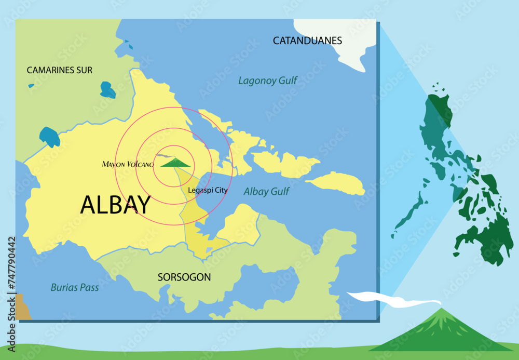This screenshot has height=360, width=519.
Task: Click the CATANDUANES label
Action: [x=307, y=40]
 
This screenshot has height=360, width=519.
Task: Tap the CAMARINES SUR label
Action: [x=60, y=70]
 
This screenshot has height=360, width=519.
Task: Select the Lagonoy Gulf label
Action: [x=268, y=81]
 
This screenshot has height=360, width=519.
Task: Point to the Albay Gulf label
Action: [x=266, y=191]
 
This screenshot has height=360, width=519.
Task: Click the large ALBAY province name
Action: [x=115, y=205]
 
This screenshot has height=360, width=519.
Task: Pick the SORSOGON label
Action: [x=184, y=277]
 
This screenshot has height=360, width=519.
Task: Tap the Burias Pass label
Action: [x=75, y=287]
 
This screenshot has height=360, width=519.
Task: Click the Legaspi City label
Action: [x=208, y=190]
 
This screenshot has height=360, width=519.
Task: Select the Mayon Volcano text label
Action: [x=128, y=165]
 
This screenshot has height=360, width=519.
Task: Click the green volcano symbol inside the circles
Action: [x=176, y=163]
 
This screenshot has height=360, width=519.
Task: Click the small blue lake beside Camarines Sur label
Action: [x=107, y=90]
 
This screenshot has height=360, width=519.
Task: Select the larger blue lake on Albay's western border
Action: [x=50, y=137]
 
